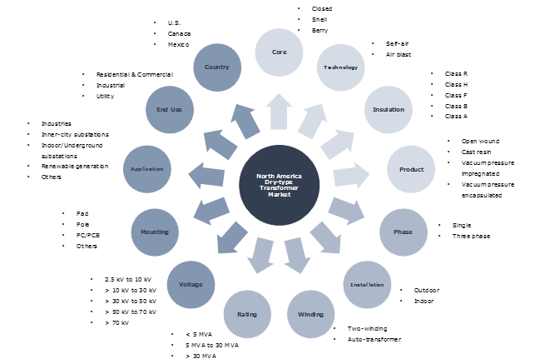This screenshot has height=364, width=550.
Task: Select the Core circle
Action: click(x=280, y=51)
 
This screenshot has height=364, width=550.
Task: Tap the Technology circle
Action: click(x=341, y=67)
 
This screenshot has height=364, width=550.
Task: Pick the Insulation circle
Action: click(x=383, y=109)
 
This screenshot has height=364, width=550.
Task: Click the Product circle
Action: click(x=411, y=169)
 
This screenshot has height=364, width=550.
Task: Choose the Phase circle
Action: click(x=403, y=232)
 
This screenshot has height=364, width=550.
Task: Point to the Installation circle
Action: click(x=366, y=284)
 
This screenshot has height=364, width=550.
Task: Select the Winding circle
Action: click(x=310, y=314)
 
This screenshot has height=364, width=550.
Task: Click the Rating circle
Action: click(x=247, y=315)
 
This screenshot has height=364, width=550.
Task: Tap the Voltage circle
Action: click(x=191, y=284)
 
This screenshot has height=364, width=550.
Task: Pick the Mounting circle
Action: click(x=156, y=232)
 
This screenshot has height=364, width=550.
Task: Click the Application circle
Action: click(x=146, y=168)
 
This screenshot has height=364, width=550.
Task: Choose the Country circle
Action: click(x=216, y=67)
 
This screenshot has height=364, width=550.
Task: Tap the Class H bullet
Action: click(x=456, y=85)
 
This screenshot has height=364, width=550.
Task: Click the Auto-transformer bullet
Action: click(x=375, y=340)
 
